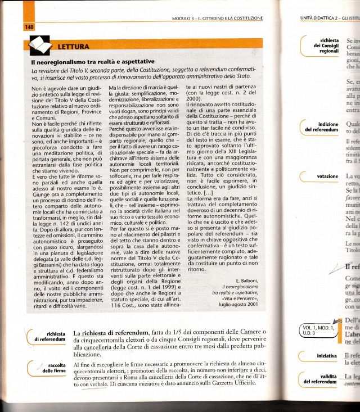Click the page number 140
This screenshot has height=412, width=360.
[29, 26]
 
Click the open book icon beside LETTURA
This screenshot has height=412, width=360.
[39, 44]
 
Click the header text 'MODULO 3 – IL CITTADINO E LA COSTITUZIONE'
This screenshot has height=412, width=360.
[218, 19]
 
